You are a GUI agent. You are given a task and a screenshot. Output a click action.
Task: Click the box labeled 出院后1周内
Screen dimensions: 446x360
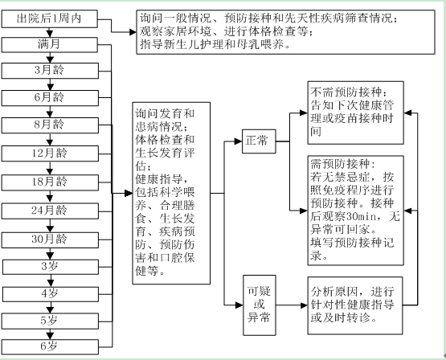point(50,19)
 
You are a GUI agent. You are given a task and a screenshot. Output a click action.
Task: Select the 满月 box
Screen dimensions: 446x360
point(50,45)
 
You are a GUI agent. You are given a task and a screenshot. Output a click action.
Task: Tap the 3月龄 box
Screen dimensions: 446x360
point(50,71)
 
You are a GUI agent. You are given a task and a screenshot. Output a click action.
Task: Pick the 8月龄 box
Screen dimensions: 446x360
point(50,125)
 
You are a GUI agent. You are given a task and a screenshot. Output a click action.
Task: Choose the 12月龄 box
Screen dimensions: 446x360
point(50,153)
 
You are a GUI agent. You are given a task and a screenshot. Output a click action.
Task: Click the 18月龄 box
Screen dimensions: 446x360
point(50,182)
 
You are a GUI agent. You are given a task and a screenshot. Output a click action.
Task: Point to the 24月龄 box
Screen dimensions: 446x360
point(50,211)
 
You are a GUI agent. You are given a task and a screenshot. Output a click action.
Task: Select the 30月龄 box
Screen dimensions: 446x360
point(50,240)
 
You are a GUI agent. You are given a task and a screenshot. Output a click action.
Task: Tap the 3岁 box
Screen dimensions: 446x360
point(51,267)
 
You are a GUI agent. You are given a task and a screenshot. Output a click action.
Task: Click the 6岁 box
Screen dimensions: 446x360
point(50,347)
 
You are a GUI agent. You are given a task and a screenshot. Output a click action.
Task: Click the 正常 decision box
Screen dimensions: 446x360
point(259,141)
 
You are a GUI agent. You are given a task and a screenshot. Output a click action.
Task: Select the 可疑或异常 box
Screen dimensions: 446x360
point(260,305)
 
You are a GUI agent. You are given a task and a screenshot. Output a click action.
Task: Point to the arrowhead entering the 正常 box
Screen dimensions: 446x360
point(239,141)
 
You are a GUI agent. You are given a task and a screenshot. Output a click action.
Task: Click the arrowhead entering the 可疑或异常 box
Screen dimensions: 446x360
point(239,305)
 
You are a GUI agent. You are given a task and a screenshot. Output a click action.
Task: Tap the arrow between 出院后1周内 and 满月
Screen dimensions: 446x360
point(50,32)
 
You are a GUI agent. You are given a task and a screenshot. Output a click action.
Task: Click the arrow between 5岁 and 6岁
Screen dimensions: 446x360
point(50,334)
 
